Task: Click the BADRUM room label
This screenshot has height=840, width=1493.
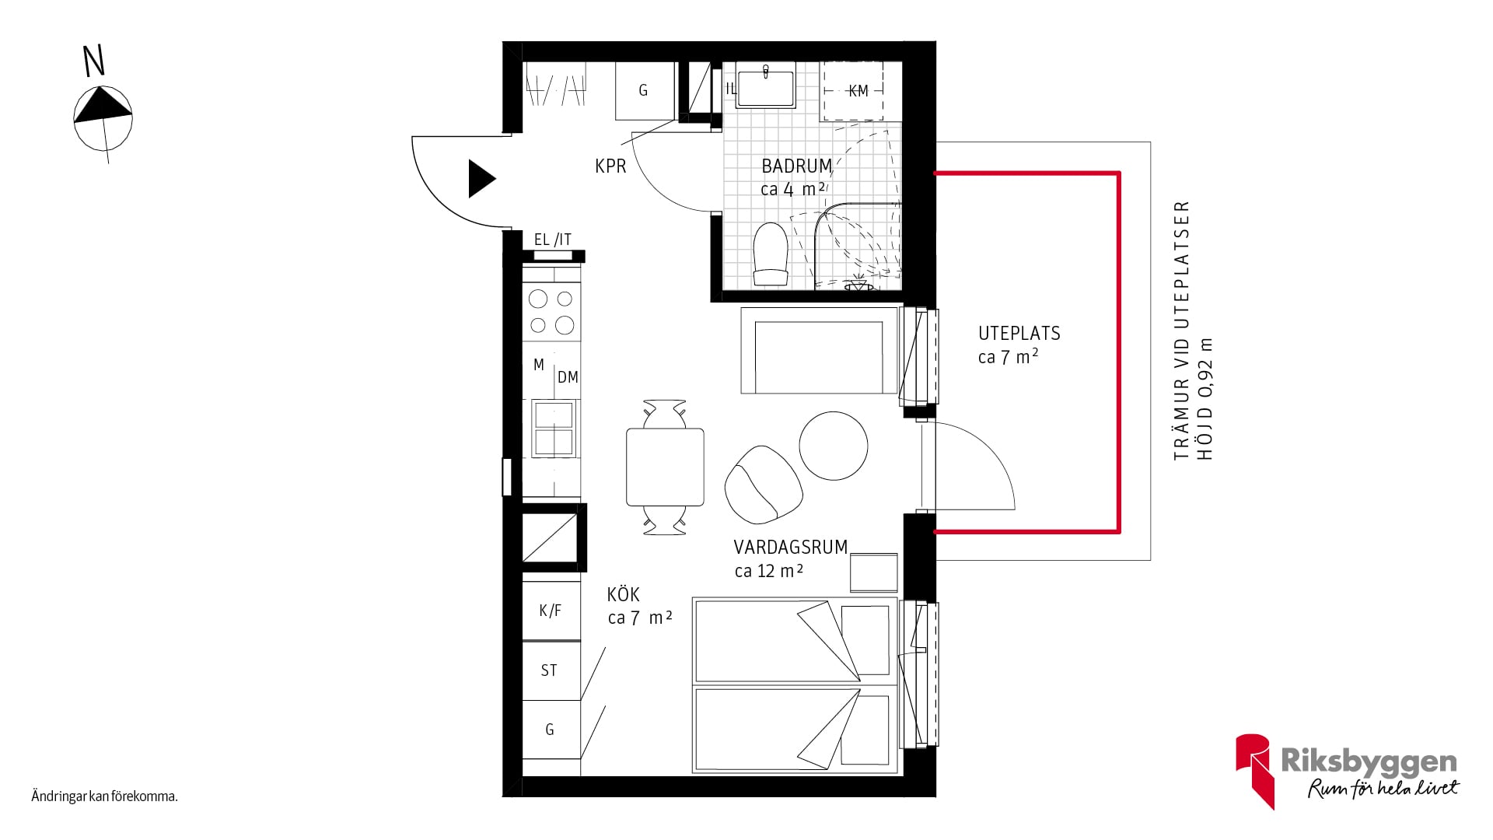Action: coord(797,166)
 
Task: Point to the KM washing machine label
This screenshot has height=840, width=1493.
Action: coord(858,91)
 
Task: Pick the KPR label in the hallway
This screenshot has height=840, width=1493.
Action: coord(610,166)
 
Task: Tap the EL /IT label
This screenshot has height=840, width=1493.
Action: coord(553,240)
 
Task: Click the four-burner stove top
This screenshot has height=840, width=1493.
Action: coord(552,312)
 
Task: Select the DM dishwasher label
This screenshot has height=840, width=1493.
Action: coord(568,377)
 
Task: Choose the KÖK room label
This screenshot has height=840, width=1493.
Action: coord(624,595)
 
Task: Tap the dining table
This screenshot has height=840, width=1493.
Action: coord(665,467)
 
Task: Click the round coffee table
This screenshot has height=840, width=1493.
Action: coord(834,446)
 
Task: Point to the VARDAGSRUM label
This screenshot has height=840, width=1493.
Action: coord(791,547)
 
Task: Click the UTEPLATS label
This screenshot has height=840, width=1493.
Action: coord(1019,333)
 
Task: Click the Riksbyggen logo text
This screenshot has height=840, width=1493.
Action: coord(1369,761)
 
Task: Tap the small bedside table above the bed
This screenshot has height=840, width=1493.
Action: coord(874,572)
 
